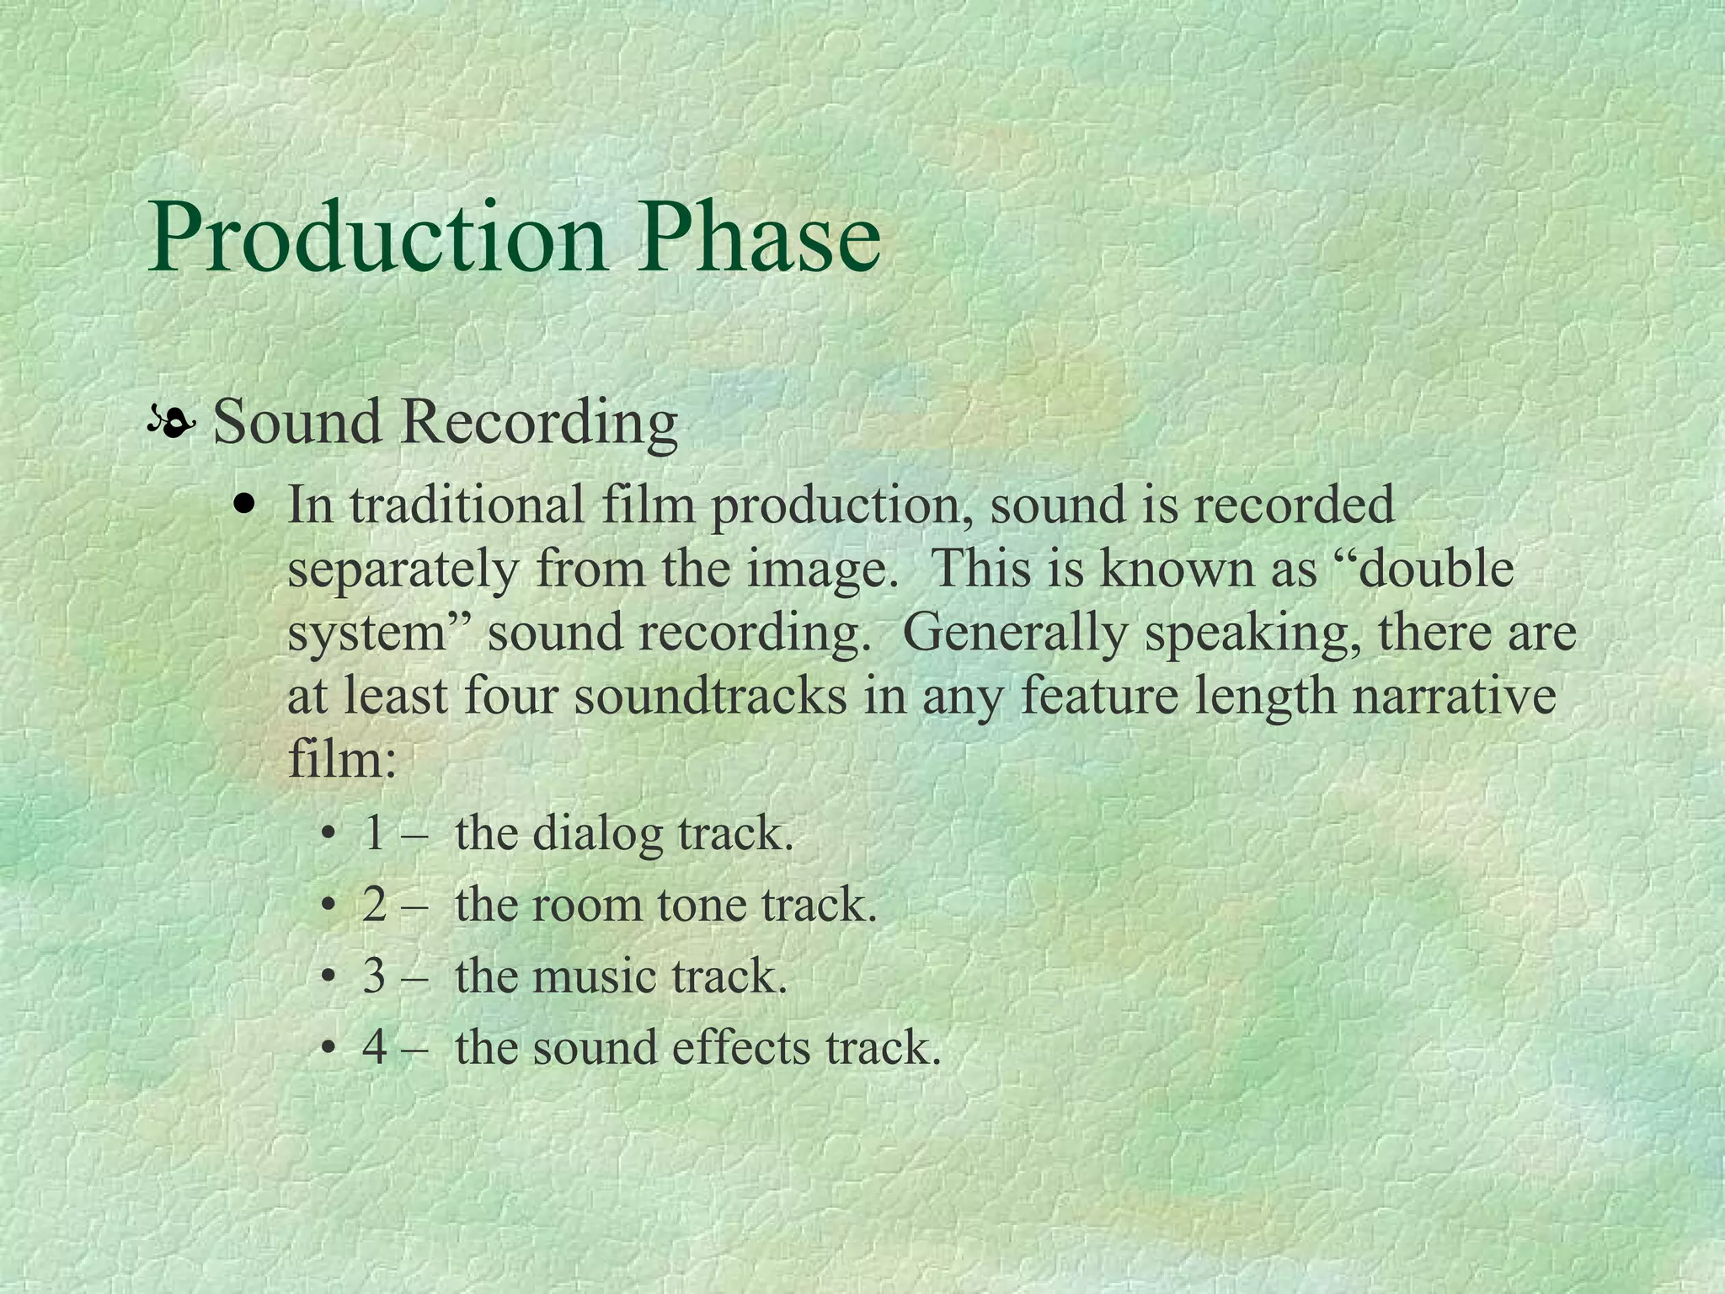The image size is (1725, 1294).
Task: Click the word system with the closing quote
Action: coord(379,633)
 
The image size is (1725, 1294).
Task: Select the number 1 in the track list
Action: coord(375,834)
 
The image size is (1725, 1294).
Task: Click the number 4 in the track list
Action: coord(375,1049)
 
